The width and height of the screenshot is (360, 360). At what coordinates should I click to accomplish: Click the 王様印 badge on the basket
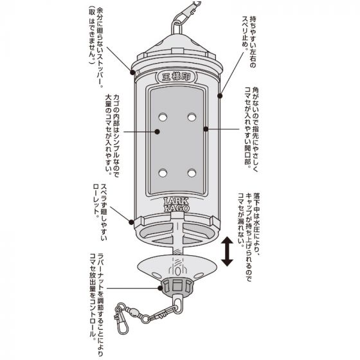click(176, 76)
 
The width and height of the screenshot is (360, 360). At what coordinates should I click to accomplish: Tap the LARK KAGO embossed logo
click(177, 204)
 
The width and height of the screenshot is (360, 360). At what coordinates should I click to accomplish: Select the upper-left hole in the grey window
click(163, 117)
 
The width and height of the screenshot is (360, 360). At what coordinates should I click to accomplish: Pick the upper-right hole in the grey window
click(192, 117)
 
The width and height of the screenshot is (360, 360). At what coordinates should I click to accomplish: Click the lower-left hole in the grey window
click(163, 173)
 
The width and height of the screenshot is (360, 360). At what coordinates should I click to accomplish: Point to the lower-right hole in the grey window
click(192, 173)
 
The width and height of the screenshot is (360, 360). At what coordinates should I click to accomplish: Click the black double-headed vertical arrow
click(227, 251)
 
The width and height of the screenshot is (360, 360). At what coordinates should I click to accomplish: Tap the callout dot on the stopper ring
click(132, 72)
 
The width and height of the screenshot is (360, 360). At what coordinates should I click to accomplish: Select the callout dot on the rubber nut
click(160, 288)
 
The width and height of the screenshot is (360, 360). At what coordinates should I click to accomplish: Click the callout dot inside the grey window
click(157, 132)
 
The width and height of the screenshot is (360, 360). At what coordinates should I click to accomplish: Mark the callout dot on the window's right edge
click(206, 129)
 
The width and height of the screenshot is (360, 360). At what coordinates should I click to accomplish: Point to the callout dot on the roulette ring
click(131, 222)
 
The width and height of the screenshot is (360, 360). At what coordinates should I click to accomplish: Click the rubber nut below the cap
click(177, 287)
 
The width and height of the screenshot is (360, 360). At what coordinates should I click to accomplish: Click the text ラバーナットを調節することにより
click(100, 305)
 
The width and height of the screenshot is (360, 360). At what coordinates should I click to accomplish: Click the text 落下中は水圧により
click(256, 224)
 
